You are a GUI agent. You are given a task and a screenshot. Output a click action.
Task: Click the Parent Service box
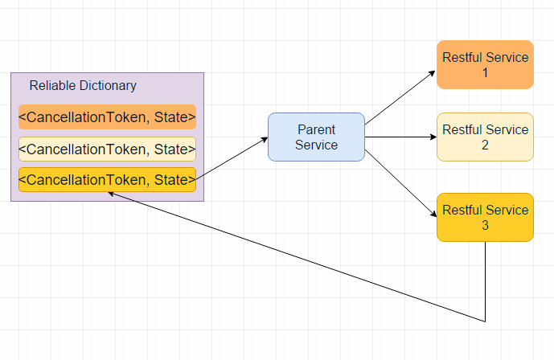coord(316,137)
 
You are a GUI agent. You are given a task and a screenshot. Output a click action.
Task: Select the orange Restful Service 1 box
coord(485,64)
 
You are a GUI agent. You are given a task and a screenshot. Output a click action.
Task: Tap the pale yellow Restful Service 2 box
coord(485,137)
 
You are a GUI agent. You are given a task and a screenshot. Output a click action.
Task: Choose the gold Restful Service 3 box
coord(485,217)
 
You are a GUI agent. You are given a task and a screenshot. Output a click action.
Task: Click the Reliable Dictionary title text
coord(83,85)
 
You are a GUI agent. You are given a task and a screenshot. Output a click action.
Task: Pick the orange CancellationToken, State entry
coord(107,117)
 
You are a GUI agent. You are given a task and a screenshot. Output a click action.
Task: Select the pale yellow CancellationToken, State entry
coord(107,149)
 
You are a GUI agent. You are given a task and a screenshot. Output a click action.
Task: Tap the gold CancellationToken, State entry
coord(107,179)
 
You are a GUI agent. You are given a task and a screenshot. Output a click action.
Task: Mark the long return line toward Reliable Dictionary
coord(298,257)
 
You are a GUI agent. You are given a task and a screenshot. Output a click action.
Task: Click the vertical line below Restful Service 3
coord(485,281)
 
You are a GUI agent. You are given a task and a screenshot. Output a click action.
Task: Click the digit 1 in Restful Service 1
coord(485,72)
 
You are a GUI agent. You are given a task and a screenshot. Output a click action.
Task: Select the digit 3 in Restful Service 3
coord(485,225)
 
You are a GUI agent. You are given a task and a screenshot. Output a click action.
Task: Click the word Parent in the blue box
coord(316,129)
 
